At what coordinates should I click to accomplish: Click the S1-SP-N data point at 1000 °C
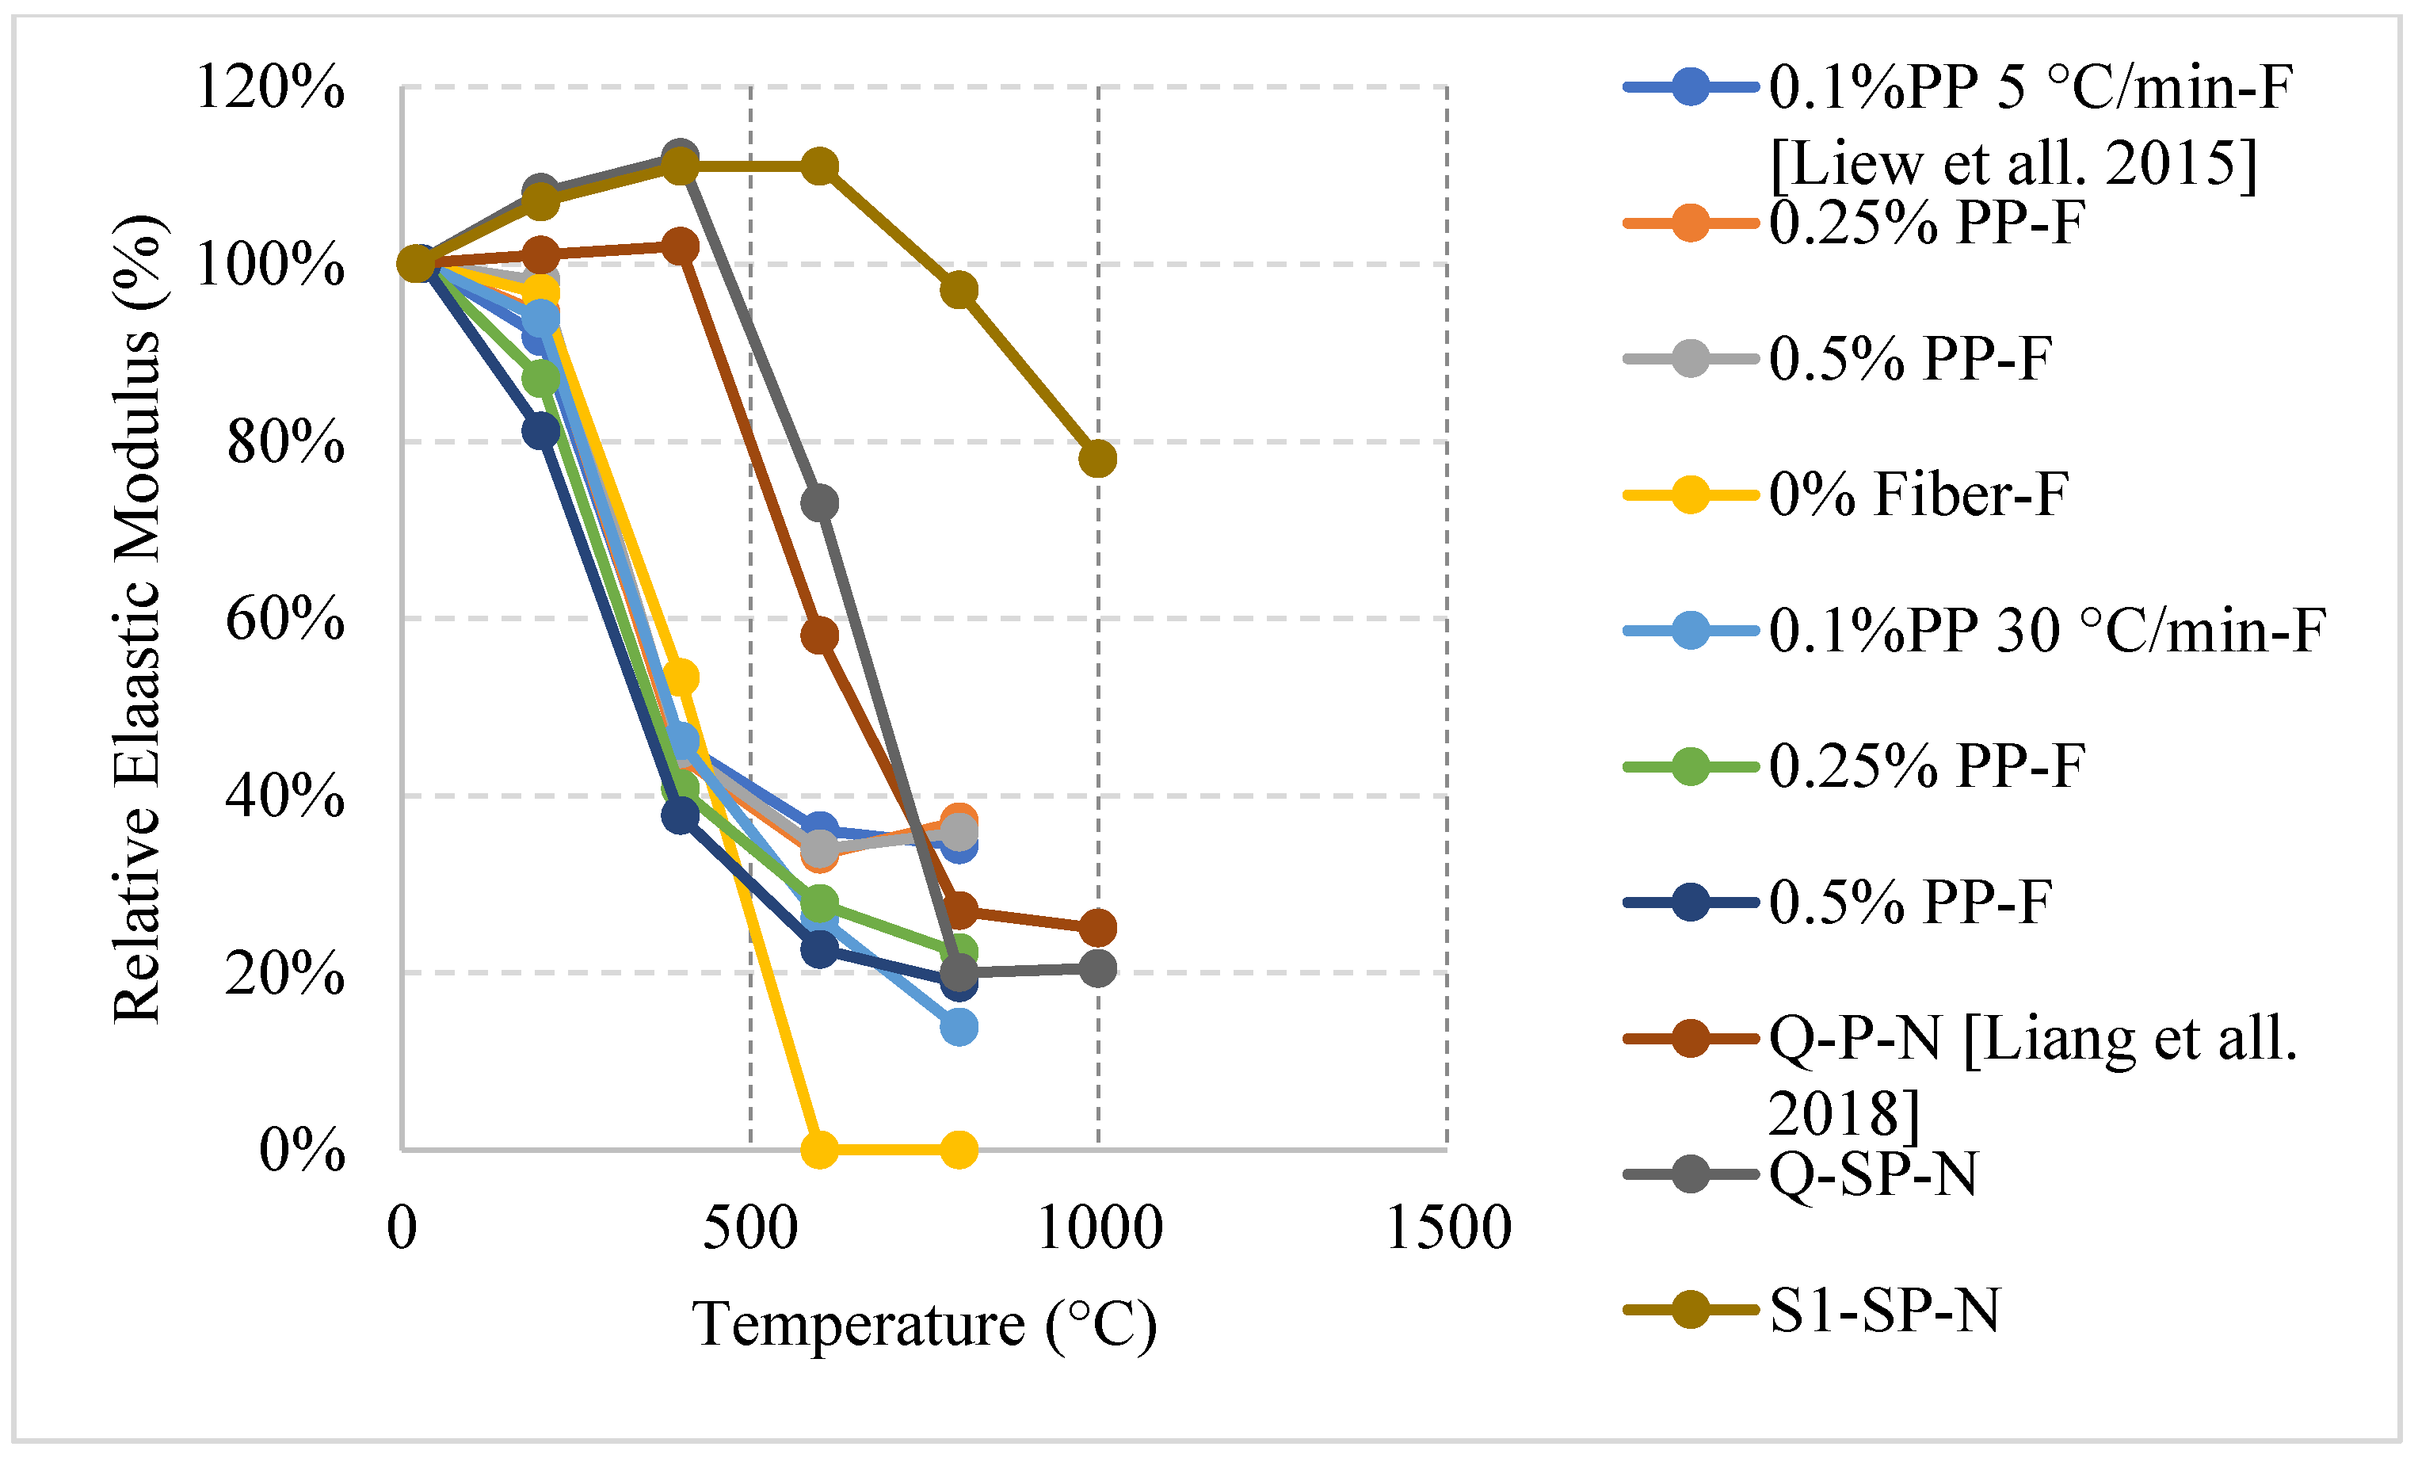pyautogui.click(x=1098, y=458)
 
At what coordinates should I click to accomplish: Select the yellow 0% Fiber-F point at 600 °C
pyautogui.click(x=819, y=1149)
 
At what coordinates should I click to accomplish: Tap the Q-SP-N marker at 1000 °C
pyautogui.click(x=1098, y=968)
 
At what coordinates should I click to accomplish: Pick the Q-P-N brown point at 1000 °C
pyautogui.click(x=1098, y=927)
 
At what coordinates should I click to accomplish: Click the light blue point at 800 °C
pyautogui.click(x=959, y=1027)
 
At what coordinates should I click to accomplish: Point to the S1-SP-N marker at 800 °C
pyautogui.click(x=959, y=291)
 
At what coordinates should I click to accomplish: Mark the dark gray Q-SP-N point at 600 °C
pyautogui.click(x=819, y=503)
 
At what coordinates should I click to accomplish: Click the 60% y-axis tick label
pyautogui.click(x=284, y=619)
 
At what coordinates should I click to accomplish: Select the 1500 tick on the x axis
pyautogui.click(x=1447, y=1227)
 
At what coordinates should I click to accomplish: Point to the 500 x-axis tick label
pyautogui.click(x=751, y=1227)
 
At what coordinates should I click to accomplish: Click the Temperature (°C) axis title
pyautogui.click(x=925, y=1326)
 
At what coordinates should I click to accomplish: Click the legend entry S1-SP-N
pyautogui.click(x=1884, y=1310)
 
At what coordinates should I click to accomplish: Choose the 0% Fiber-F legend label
pyautogui.click(x=1919, y=494)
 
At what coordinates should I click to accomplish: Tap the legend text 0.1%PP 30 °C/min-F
pyautogui.click(x=2047, y=630)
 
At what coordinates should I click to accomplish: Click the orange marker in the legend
pyautogui.click(x=1690, y=223)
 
